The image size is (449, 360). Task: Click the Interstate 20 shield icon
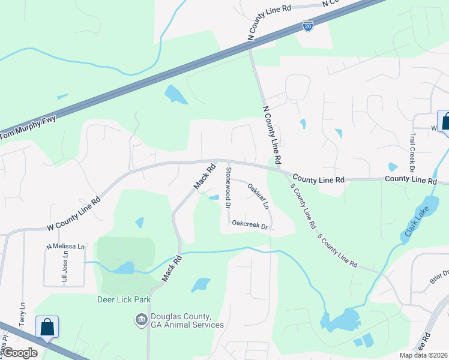click(x=307, y=26)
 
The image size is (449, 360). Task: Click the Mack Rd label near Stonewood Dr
click(x=205, y=177)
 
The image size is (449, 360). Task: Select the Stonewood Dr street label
click(x=228, y=187)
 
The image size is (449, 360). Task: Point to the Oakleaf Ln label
click(x=258, y=196)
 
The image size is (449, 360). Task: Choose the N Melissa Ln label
click(x=66, y=247)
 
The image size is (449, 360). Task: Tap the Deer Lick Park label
click(x=124, y=299)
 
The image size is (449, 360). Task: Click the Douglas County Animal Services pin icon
click(x=142, y=320)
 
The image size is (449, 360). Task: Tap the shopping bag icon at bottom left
click(x=47, y=328)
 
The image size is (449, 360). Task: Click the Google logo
click(x=20, y=353)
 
